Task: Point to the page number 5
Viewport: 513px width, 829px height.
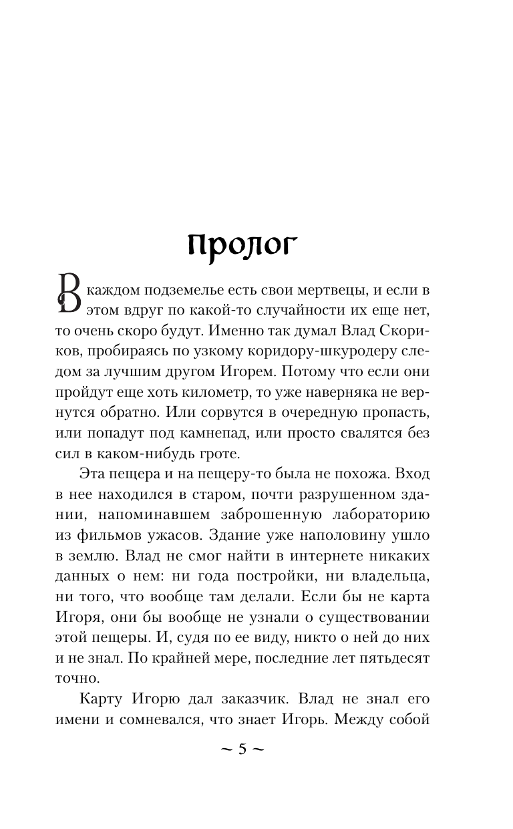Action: point(242,749)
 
